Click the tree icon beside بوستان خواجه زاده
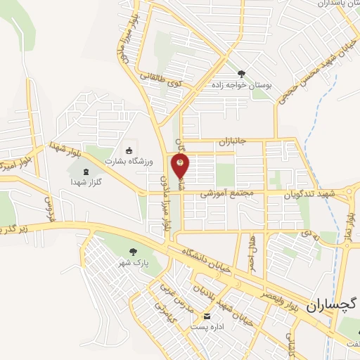(242, 73)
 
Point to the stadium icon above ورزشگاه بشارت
(129, 150)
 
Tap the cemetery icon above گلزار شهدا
(86, 171)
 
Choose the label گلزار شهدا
(86, 182)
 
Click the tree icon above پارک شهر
(131, 251)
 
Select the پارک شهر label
(131, 263)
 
